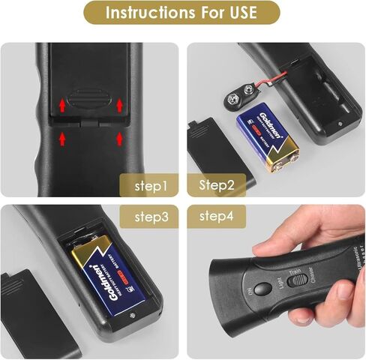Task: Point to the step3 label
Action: [x=155, y=217]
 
